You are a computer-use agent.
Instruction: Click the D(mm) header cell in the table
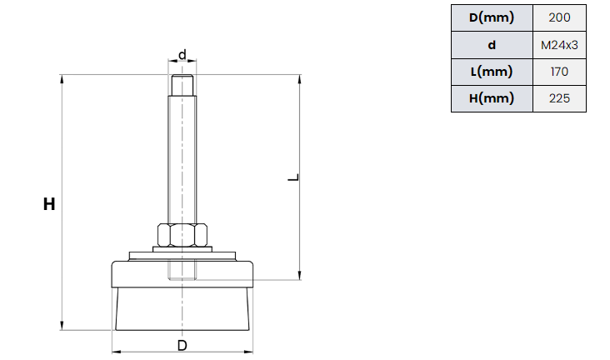click(x=492, y=17)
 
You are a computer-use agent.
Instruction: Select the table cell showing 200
click(x=559, y=17)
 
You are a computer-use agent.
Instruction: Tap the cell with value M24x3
click(x=559, y=45)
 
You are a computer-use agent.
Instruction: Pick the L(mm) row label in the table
click(x=492, y=72)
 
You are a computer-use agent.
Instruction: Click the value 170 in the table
click(x=559, y=72)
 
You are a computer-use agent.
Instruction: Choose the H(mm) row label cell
click(x=492, y=98)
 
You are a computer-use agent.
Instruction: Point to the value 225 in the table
click(x=559, y=98)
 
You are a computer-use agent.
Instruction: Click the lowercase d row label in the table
click(x=492, y=45)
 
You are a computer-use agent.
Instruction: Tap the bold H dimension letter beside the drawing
click(x=49, y=204)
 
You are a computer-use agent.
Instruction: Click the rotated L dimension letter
click(x=293, y=177)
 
